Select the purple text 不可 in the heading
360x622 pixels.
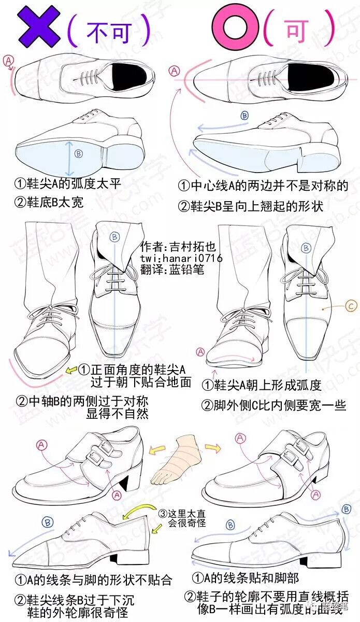tap(108, 32)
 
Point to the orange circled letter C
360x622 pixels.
tap(351, 306)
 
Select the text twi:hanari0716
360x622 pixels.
tap(181, 258)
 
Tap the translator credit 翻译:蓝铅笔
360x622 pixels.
tap(172, 270)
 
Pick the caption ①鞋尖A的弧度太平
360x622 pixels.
tap(65, 183)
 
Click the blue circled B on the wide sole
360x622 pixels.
tap(78, 153)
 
